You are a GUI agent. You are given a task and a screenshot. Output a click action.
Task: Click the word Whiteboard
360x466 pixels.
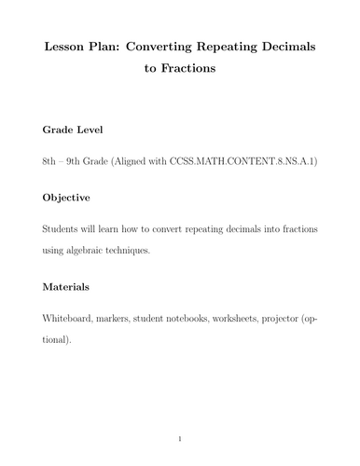[x=74, y=318]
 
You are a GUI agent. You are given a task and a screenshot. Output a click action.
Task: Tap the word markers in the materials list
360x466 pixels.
[x=132, y=318]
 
